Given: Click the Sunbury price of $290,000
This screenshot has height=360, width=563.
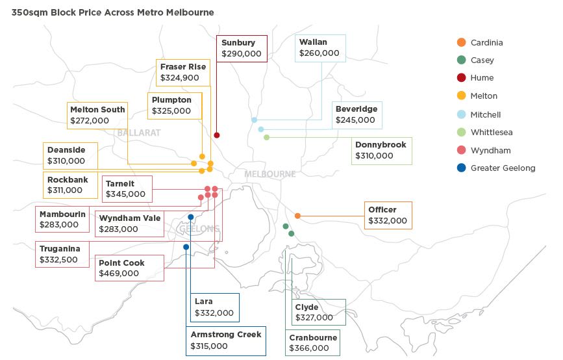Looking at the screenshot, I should (241, 55).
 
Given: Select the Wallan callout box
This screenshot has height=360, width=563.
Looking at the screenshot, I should (320, 48).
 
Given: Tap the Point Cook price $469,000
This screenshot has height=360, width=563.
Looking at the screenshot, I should (118, 274).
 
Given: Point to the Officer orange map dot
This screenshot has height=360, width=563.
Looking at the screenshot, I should (297, 216).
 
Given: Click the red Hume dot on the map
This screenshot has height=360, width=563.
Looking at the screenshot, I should (217, 135).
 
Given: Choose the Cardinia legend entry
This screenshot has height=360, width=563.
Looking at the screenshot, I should (486, 43).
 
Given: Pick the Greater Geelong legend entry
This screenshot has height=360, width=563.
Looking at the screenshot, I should (503, 168).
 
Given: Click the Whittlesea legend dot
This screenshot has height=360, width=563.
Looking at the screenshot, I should (461, 133).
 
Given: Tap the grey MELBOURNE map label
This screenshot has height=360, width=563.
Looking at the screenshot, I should (269, 174).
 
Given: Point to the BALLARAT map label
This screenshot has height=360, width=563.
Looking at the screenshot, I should (139, 133).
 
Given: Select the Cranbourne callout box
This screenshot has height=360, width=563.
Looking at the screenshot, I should (313, 342).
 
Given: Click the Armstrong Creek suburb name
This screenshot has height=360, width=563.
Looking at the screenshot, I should (225, 335).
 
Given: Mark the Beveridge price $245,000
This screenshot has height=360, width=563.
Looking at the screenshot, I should (355, 120).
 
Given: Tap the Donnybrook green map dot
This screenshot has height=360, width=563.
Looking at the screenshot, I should (266, 137).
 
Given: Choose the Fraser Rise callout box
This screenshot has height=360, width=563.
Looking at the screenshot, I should (183, 72).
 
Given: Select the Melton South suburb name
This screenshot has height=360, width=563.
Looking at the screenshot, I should (97, 110).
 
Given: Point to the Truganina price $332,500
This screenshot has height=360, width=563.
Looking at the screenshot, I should (58, 259).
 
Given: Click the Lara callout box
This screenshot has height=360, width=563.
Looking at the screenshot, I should (214, 307).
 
